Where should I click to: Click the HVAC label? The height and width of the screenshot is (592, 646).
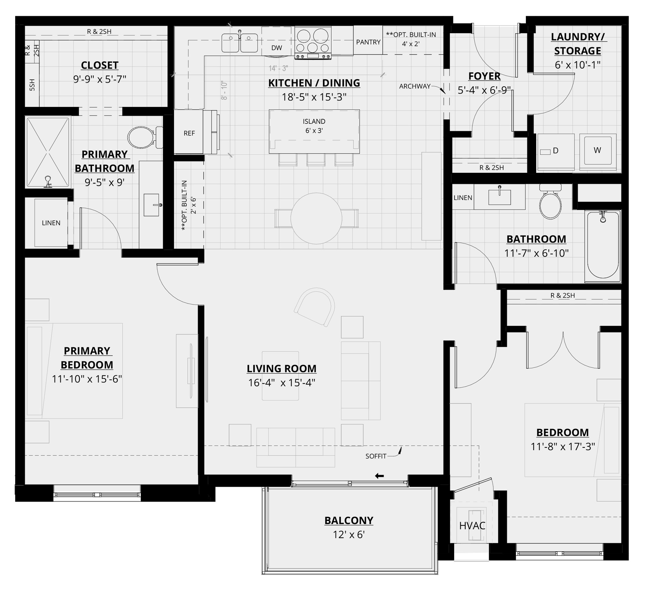(472, 525)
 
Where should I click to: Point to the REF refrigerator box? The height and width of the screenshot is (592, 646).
(189, 133)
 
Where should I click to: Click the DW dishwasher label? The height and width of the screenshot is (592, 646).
(276, 48)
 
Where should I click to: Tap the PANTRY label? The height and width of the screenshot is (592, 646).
(368, 42)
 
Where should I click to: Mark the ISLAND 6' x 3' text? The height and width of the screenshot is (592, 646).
(314, 126)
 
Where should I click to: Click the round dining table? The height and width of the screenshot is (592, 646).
(316, 218)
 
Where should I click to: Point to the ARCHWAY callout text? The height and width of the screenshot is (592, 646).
(415, 86)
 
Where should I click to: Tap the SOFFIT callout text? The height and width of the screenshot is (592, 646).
(376, 456)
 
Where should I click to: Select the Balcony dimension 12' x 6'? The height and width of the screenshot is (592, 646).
(349, 535)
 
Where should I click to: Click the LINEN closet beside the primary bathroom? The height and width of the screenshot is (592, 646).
(51, 223)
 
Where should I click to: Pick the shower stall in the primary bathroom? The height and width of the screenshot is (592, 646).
(48, 152)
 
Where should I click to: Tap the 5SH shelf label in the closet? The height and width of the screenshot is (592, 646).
(32, 85)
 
